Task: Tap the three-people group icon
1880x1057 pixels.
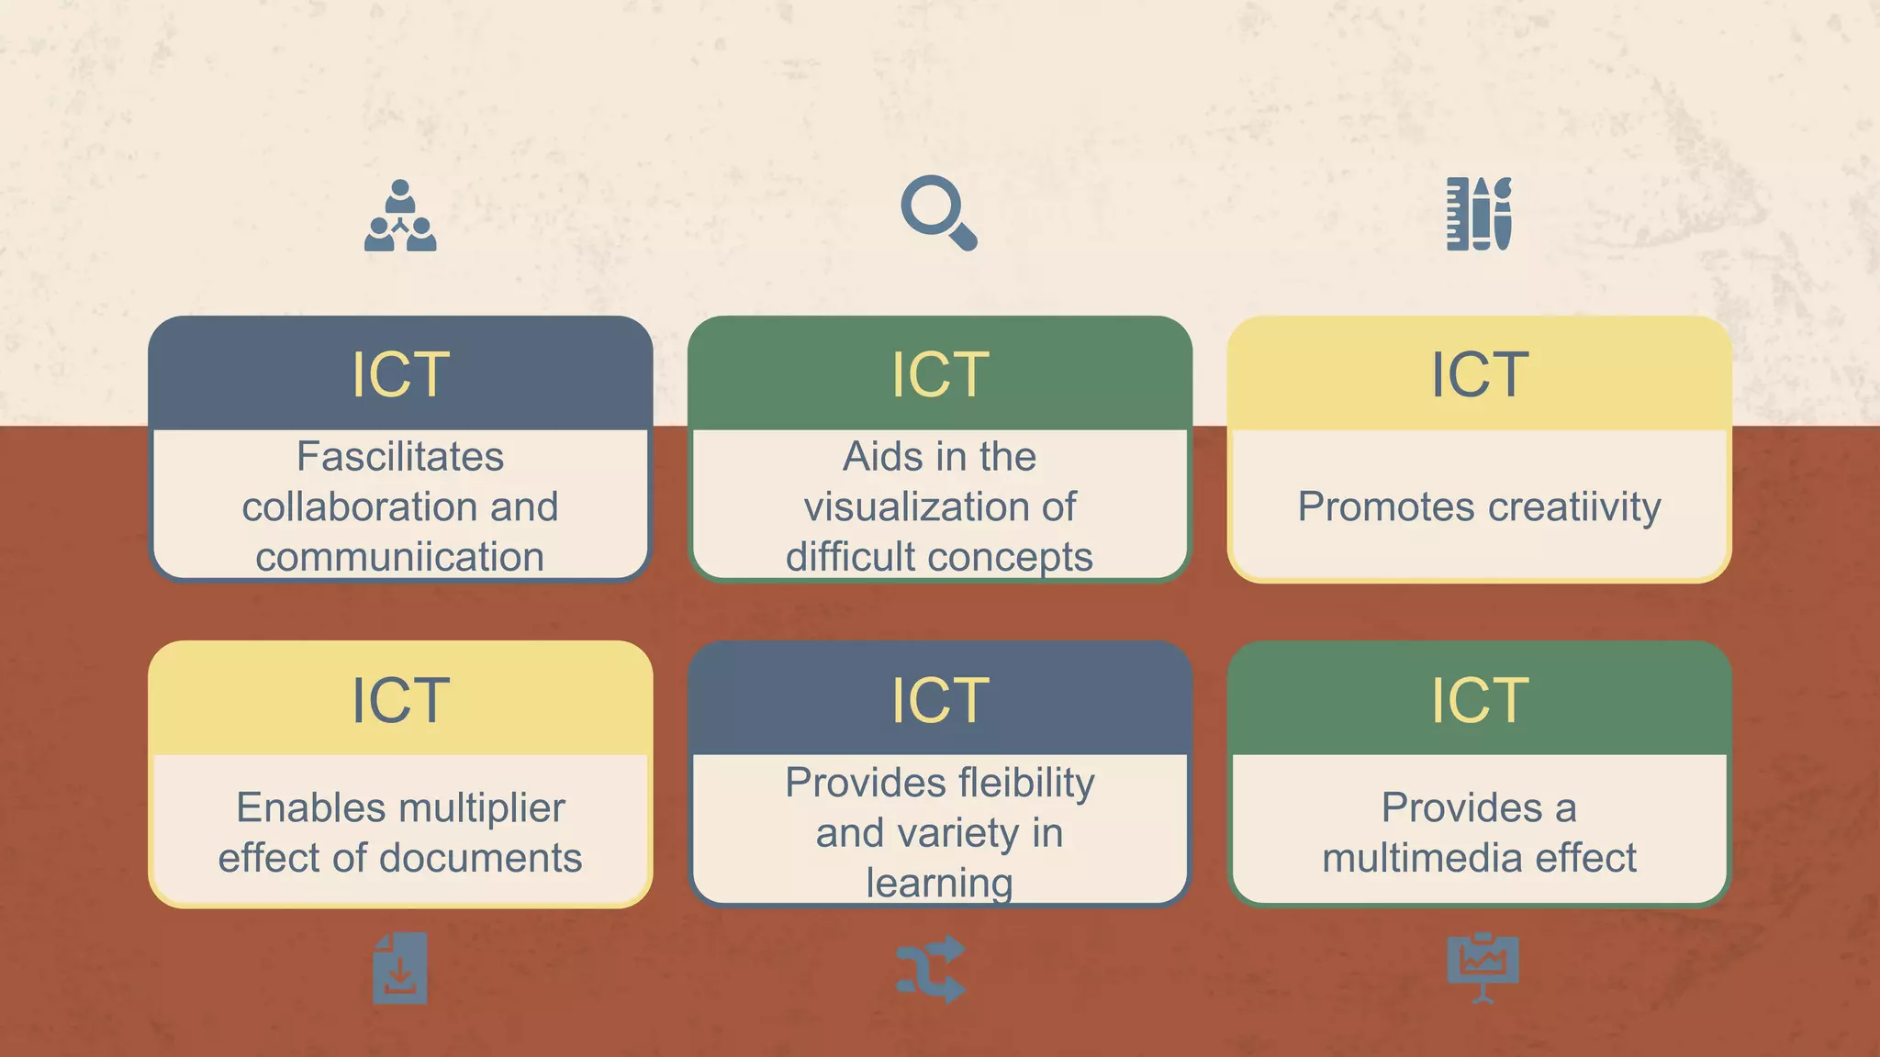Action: [x=400, y=217]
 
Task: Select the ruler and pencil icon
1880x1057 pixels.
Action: [x=1479, y=214]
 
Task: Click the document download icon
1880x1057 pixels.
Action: [x=400, y=968]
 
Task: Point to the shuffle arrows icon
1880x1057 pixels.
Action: [x=931, y=969]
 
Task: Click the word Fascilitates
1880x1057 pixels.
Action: [x=400, y=457]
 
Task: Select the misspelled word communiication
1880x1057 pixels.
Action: [x=400, y=557]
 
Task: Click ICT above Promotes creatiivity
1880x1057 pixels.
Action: [x=1480, y=374]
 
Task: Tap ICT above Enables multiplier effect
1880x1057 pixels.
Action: [x=400, y=700]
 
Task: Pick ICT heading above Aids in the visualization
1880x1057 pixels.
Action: [x=940, y=374]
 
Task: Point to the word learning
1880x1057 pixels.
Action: [x=940, y=883]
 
